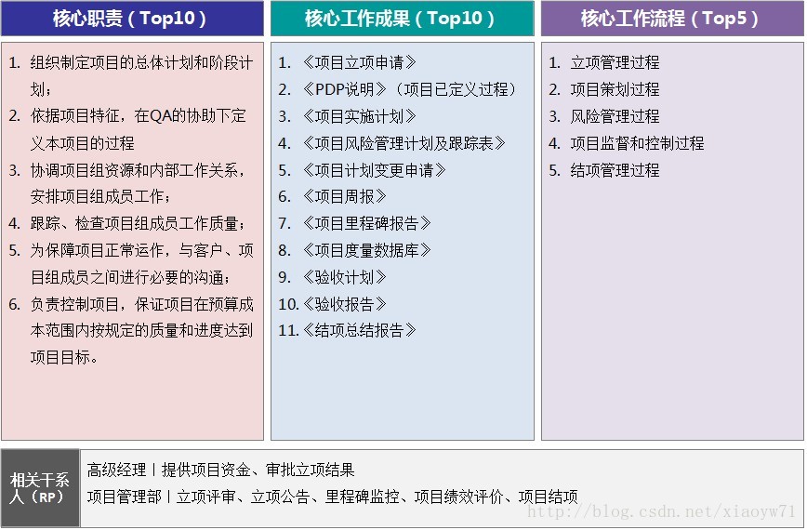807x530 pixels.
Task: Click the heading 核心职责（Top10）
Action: pyautogui.click(x=130, y=19)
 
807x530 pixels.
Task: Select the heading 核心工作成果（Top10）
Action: pyautogui.click(x=400, y=19)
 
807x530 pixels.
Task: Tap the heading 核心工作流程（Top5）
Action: pyautogui.click(x=670, y=19)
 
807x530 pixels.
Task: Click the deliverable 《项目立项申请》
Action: pyautogui.click(x=359, y=63)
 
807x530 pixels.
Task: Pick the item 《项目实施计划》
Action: pyautogui.click(x=359, y=116)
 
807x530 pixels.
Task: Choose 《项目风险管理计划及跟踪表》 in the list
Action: pyautogui.click(x=403, y=143)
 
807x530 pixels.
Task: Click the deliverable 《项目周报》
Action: pyautogui.click(x=344, y=196)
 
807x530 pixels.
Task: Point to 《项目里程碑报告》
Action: pyautogui.click(x=366, y=223)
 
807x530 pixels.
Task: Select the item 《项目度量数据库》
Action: pyautogui.click(x=366, y=251)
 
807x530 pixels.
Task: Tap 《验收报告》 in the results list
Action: pyautogui.click(x=344, y=304)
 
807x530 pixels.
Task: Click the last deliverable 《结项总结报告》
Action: pyautogui.click(x=359, y=330)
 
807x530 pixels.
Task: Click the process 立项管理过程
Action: pyautogui.click(x=615, y=63)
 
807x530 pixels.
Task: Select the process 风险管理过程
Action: pyautogui.click(x=615, y=116)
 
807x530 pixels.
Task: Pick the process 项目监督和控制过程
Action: pyautogui.click(x=637, y=143)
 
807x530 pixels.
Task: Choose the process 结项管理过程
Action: pyautogui.click(x=615, y=170)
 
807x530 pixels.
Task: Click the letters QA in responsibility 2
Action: pyautogui.click(x=161, y=116)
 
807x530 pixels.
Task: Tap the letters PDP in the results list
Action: pyautogui.click(x=329, y=89)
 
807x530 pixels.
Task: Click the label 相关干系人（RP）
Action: pyautogui.click(x=40, y=488)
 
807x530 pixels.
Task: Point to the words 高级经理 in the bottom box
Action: pyautogui.click(x=116, y=470)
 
